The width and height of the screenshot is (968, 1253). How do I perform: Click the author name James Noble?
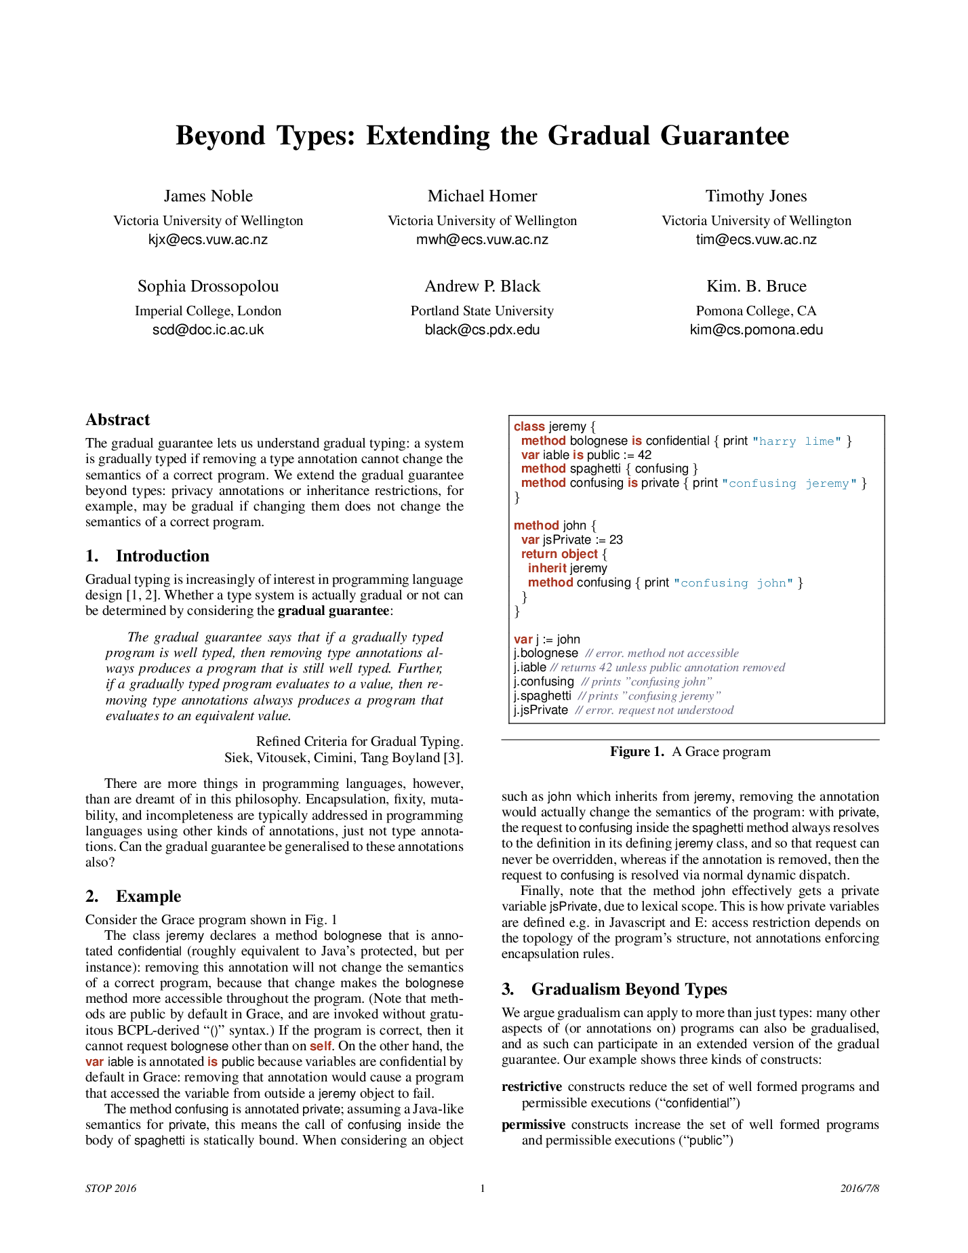click(208, 196)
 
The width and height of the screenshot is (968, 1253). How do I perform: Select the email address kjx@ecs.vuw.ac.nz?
click(208, 239)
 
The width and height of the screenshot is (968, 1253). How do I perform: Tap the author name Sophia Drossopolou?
click(208, 286)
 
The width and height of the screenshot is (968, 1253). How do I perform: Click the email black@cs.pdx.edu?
click(482, 330)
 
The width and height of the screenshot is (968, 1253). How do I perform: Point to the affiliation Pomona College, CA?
click(756, 311)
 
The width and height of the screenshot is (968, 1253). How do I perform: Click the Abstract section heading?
click(117, 420)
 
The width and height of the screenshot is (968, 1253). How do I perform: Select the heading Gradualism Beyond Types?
click(628, 989)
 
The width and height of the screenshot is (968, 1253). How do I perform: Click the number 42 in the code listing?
click(644, 455)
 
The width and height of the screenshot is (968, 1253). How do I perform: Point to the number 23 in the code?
click(616, 540)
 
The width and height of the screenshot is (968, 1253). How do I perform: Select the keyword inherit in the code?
click(547, 568)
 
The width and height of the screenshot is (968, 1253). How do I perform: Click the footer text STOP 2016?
click(110, 1188)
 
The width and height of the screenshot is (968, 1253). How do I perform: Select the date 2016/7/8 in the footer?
click(860, 1188)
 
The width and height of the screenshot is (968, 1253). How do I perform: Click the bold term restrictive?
click(531, 1087)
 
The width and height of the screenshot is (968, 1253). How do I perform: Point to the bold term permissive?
click(533, 1125)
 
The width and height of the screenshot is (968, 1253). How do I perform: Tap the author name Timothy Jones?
click(756, 196)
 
